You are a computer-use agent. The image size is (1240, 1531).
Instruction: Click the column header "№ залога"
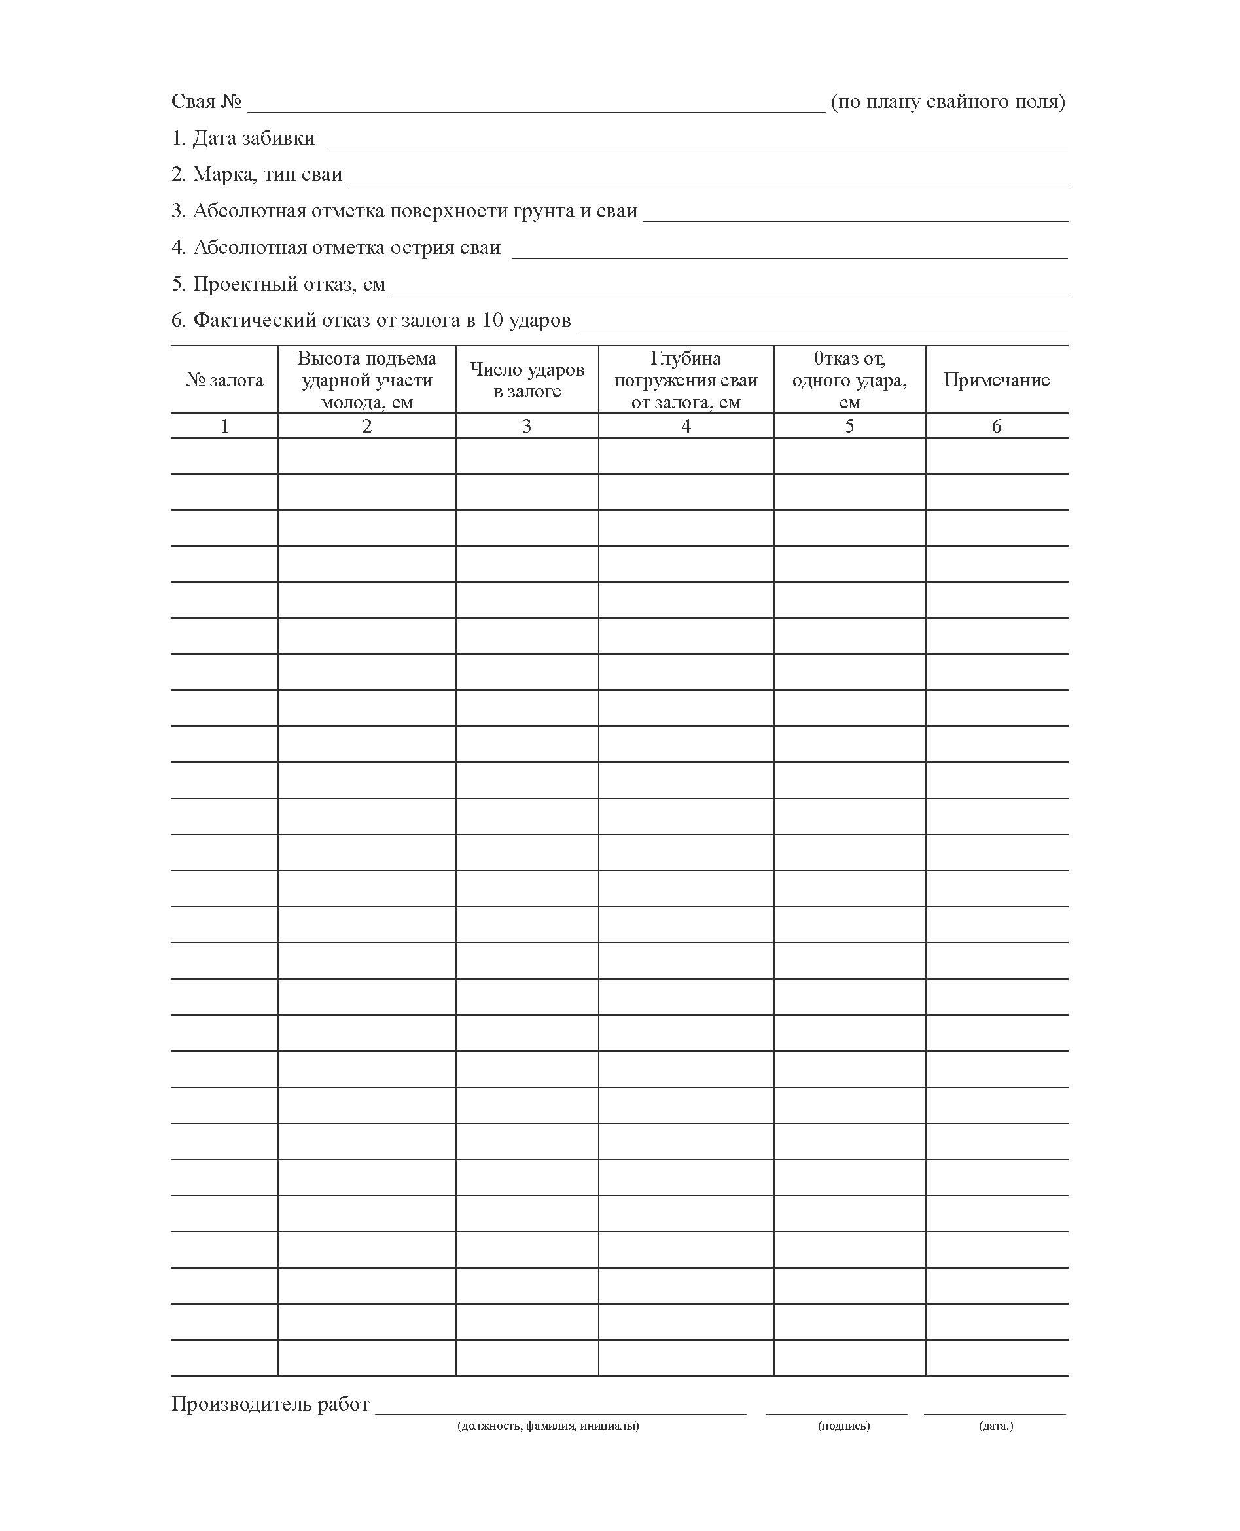pyautogui.click(x=224, y=380)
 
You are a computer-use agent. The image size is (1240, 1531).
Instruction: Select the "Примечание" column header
pyautogui.click(x=997, y=380)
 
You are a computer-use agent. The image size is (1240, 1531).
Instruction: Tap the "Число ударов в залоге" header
pyautogui.click(x=527, y=380)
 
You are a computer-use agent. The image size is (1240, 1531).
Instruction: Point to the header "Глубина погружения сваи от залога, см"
pyautogui.click(x=686, y=380)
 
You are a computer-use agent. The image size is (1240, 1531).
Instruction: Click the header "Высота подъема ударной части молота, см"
pyautogui.click(x=366, y=380)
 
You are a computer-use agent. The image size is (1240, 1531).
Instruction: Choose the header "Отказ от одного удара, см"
pyautogui.click(x=849, y=380)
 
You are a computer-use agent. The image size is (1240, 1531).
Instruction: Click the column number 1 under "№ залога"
pyautogui.click(x=225, y=427)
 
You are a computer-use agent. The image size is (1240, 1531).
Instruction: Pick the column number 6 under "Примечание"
pyautogui.click(x=997, y=427)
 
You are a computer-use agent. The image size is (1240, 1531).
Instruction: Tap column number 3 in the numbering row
pyautogui.click(x=527, y=427)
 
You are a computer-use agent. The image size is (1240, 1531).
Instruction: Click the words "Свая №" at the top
pyautogui.click(x=206, y=102)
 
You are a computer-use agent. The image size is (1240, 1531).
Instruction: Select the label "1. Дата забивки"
pyautogui.click(x=243, y=139)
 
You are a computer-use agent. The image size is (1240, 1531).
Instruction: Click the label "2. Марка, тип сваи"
pyautogui.click(x=257, y=175)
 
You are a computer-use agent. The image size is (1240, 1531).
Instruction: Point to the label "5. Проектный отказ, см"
pyautogui.click(x=279, y=284)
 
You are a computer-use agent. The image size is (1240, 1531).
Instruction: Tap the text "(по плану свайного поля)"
pyautogui.click(x=948, y=102)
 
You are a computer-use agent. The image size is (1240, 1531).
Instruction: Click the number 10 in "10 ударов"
pyautogui.click(x=492, y=320)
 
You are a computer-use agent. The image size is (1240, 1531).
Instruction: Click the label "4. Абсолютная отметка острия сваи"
pyautogui.click(x=336, y=248)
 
